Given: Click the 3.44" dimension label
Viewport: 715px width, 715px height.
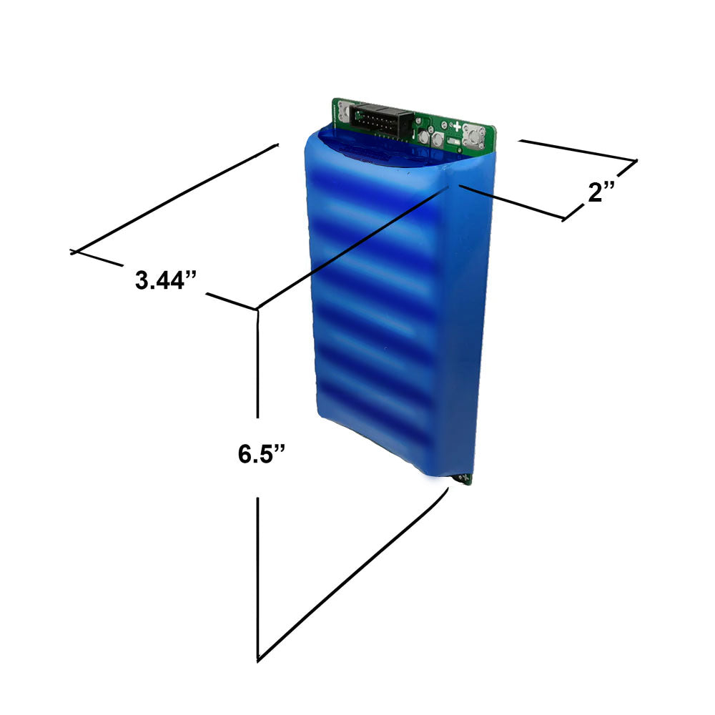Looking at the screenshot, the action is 166,280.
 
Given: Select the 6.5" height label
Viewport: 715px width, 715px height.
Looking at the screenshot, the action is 262,454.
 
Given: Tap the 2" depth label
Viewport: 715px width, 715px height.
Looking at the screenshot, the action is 602,192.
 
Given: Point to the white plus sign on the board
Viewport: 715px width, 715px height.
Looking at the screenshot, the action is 457,127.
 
